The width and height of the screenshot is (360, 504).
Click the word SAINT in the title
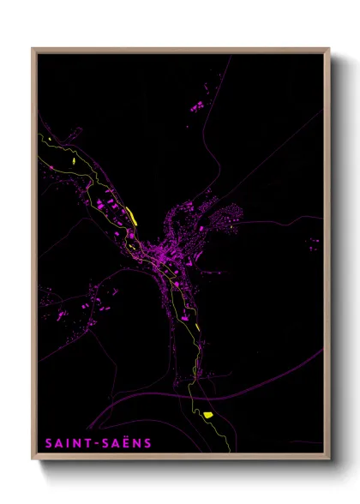click(x=68, y=443)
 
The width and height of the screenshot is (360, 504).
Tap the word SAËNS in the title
click(x=126, y=443)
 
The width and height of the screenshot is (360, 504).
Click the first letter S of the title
click(x=48, y=443)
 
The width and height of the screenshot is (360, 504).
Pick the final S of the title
click(x=148, y=443)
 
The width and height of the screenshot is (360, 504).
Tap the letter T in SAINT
click(x=88, y=443)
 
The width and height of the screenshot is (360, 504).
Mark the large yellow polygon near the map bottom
click(x=207, y=415)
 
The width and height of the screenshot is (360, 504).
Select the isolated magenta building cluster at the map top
click(x=196, y=105)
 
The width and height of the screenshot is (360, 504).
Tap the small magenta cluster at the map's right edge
click(x=314, y=243)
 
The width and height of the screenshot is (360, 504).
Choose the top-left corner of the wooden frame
click(x=33, y=49)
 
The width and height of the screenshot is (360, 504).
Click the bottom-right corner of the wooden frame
click(x=330, y=460)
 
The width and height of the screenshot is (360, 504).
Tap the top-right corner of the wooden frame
click(x=330, y=49)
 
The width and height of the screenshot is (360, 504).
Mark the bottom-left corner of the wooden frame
click(x=33, y=460)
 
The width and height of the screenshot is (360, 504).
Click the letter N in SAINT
click(x=77, y=443)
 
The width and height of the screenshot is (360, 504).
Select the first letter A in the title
click(x=58, y=443)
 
